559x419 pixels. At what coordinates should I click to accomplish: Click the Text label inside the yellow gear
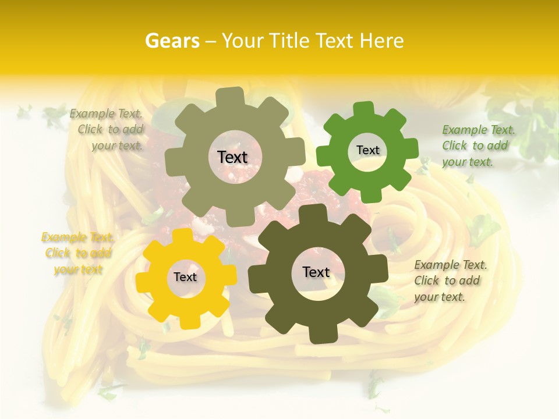pos(185,278)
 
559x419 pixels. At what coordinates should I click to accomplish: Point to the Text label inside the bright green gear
pos(367,150)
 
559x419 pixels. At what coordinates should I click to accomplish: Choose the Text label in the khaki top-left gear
pos(232,157)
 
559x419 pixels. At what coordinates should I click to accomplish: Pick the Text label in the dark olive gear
pos(316,272)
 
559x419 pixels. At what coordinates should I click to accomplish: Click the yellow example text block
pos(78,253)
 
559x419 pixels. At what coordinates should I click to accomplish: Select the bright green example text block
pos(478,145)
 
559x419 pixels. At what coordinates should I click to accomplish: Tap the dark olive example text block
pos(450,280)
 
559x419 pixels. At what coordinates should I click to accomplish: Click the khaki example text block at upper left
pos(107,129)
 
